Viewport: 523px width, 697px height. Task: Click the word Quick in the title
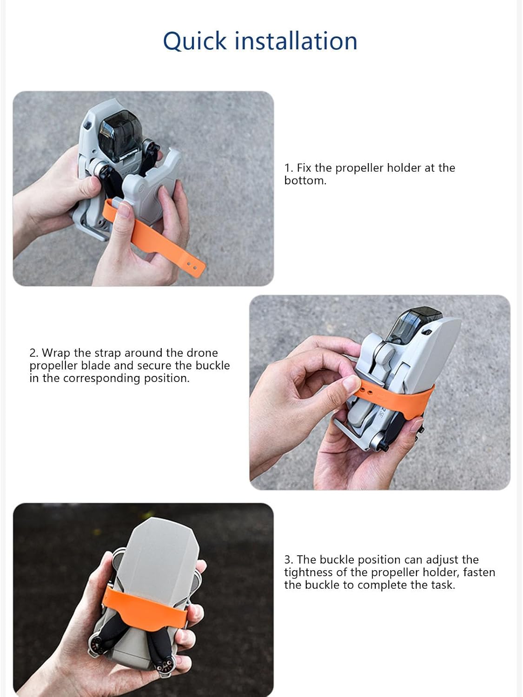click(x=195, y=41)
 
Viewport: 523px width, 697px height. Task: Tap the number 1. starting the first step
click(x=289, y=168)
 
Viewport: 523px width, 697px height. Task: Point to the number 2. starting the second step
click(x=33, y=353)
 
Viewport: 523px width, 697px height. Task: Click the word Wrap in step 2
click(x=56, y=353)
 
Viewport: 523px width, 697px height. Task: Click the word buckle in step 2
click(x=212, y=366)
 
